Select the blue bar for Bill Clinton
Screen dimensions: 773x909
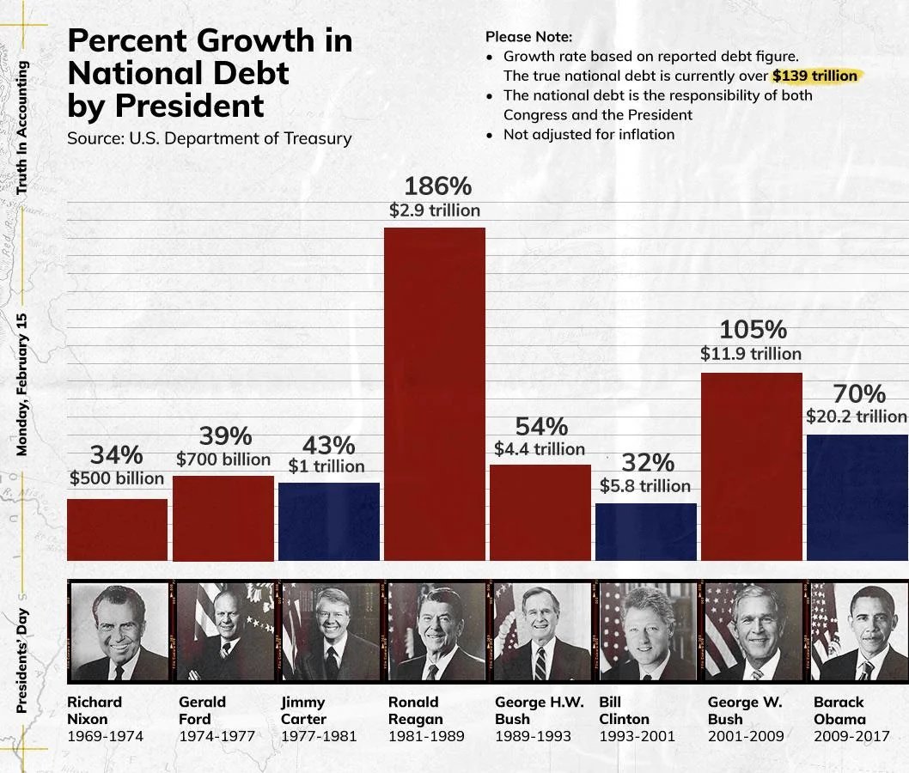(646, 532)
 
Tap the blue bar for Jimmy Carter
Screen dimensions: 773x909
(328, 521)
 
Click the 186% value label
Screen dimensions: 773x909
(437, 186)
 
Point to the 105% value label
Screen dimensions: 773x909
(752, 330)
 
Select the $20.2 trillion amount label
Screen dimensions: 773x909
(856, 417)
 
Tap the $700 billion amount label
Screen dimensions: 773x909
(223, 460)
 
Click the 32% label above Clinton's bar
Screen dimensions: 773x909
(647, 463)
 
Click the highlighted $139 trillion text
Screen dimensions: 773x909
(814, 76)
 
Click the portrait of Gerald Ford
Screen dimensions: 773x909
(224, 631)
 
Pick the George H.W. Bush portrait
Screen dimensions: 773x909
(542, 631)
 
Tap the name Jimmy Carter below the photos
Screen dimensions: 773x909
(303, 710)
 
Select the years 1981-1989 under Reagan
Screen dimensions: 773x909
(426, 736)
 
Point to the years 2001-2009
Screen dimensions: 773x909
(745, 736)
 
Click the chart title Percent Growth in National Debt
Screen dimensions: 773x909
(210, 74)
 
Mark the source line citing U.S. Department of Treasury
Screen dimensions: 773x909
(210, 138)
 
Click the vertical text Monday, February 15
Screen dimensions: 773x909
(22, 384)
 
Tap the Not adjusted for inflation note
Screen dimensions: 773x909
(589, 134)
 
